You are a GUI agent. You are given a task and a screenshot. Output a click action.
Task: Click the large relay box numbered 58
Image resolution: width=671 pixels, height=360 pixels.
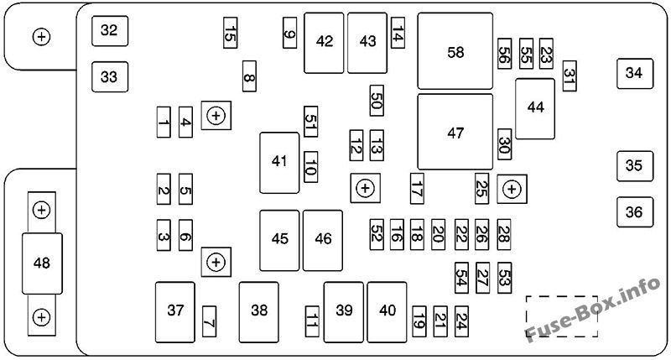click(x=455, y=51)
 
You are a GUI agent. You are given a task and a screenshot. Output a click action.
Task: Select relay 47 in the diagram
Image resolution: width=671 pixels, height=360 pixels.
click(x=455, y=132)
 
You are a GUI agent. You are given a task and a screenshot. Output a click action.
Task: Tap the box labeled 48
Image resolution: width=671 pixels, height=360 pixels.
click(x=42, y=263)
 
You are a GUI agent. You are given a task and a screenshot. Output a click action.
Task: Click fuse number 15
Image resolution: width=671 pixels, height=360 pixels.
click(x=230, y=33)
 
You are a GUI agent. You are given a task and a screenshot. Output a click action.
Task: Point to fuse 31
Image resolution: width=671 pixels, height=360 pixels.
click(x=570, y=76)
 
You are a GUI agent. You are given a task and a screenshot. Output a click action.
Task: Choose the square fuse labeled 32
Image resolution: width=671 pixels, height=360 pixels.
click(x=110, y=31)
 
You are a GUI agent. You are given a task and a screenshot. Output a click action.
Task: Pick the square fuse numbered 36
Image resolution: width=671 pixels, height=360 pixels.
click(x=635, y=212)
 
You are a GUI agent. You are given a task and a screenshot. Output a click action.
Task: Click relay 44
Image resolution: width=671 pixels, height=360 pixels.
click(x=535, y=109)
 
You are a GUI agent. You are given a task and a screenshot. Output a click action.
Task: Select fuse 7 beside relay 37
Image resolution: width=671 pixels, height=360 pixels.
click(x=209, y=321)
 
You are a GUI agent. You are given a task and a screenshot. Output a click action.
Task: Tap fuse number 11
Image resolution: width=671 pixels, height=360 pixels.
click(x=312, y=321)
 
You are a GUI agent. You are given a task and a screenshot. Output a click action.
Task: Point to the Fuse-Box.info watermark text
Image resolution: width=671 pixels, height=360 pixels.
click(x=593, y=309)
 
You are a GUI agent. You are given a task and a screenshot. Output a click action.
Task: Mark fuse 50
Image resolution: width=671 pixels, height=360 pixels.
click(x=377, y=100)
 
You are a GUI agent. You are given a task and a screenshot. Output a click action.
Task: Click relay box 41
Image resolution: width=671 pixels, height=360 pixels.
click(x=279, y=163)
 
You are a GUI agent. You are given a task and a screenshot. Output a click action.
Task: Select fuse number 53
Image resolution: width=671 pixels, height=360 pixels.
click(x=505, y=278)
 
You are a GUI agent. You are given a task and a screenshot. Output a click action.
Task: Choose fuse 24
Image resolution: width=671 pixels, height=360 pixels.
click(x=462, y=321)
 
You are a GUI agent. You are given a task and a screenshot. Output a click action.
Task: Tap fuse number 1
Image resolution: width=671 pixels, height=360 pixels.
click(x=164, y=122)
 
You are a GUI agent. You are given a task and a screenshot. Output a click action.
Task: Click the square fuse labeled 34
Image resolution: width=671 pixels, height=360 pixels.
click(x=635, y=74)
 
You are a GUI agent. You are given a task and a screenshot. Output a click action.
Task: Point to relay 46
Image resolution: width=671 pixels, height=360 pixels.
click(x=323, y=240)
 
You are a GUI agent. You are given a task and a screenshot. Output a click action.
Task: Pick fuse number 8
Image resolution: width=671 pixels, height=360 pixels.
click(x=249, y=76)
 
